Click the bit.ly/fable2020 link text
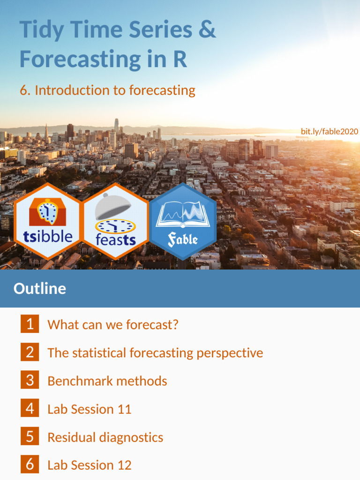coord(329,132)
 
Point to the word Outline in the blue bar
coord(40,288)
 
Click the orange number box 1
coord(30,324)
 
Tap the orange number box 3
coord(30,380)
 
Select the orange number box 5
coord(30,437)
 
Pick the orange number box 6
coord(30,465)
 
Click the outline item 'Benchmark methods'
coord(107,381)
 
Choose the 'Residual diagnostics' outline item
coord(105,437)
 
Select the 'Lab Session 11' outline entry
coord(90,409)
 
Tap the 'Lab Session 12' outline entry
coord(90,465)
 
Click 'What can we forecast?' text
coord(113,324)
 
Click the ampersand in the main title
coord(207,30)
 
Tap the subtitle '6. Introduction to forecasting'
coord(107,90)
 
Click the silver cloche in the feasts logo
coord(113,206)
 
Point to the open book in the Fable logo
coord(183,213)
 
